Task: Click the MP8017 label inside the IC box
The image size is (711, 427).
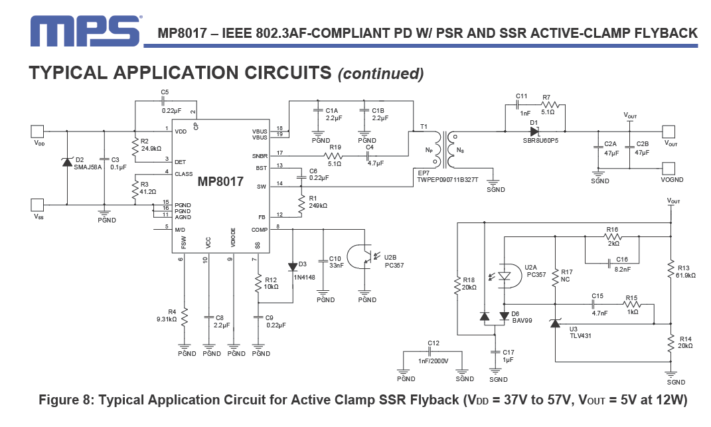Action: [x=220, y=182]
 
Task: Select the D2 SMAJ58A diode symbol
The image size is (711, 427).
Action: [x=67, y=161]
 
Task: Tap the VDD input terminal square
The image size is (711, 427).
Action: [x=37, y=131]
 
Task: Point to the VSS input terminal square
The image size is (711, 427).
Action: [x=37, y=205]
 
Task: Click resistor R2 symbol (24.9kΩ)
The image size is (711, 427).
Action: [x=135, y=146]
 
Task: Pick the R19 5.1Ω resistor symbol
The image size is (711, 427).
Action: [x=334, y=155]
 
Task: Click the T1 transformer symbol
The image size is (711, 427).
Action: [x=443, y=149]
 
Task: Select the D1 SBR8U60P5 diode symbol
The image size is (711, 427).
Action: [x=534, y=131]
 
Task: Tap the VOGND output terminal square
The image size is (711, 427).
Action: [x=669, y=169]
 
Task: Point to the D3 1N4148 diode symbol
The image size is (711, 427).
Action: [x=293, y=267]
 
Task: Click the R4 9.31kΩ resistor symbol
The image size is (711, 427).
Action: [x=184, y=317]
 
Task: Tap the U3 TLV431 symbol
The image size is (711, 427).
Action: [x=555, y=323]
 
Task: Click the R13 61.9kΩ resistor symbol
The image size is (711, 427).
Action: [x=671, y=270]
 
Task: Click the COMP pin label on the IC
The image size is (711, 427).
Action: [x=260, y=230]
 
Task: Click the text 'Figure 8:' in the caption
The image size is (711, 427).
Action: [x=66, y=400]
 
